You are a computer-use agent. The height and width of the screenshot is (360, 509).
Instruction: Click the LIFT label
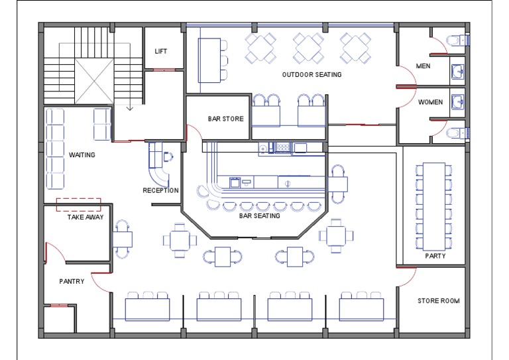(160, 51)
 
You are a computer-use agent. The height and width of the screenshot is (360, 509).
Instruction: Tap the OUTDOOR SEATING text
(311, 75)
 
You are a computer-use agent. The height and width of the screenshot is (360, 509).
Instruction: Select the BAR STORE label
(225, 119)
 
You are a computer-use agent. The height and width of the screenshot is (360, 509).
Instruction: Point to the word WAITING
(82, 155)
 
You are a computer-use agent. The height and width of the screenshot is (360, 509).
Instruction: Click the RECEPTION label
(160, 190)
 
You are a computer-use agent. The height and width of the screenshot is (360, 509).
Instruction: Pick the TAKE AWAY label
(85, 217)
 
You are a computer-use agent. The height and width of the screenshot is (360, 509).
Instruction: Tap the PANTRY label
(72, 281)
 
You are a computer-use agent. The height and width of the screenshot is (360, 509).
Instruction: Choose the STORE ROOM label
(439, 300)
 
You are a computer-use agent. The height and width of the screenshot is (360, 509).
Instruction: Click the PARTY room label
(435, 256)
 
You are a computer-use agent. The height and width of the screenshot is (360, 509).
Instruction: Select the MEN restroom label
(424, 66)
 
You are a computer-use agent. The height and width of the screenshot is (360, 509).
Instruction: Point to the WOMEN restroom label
(430, 102)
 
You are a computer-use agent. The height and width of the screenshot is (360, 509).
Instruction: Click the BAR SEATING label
(259, 215)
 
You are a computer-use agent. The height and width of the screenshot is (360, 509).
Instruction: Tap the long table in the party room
(434, 206)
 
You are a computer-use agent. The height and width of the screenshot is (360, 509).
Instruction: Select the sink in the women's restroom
(457, 101)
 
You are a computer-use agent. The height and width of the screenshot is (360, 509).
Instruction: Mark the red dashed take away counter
(79, 204)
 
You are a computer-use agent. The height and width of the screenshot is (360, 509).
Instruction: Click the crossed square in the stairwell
(94, 81)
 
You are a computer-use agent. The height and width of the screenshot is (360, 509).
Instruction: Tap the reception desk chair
(168, 156)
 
